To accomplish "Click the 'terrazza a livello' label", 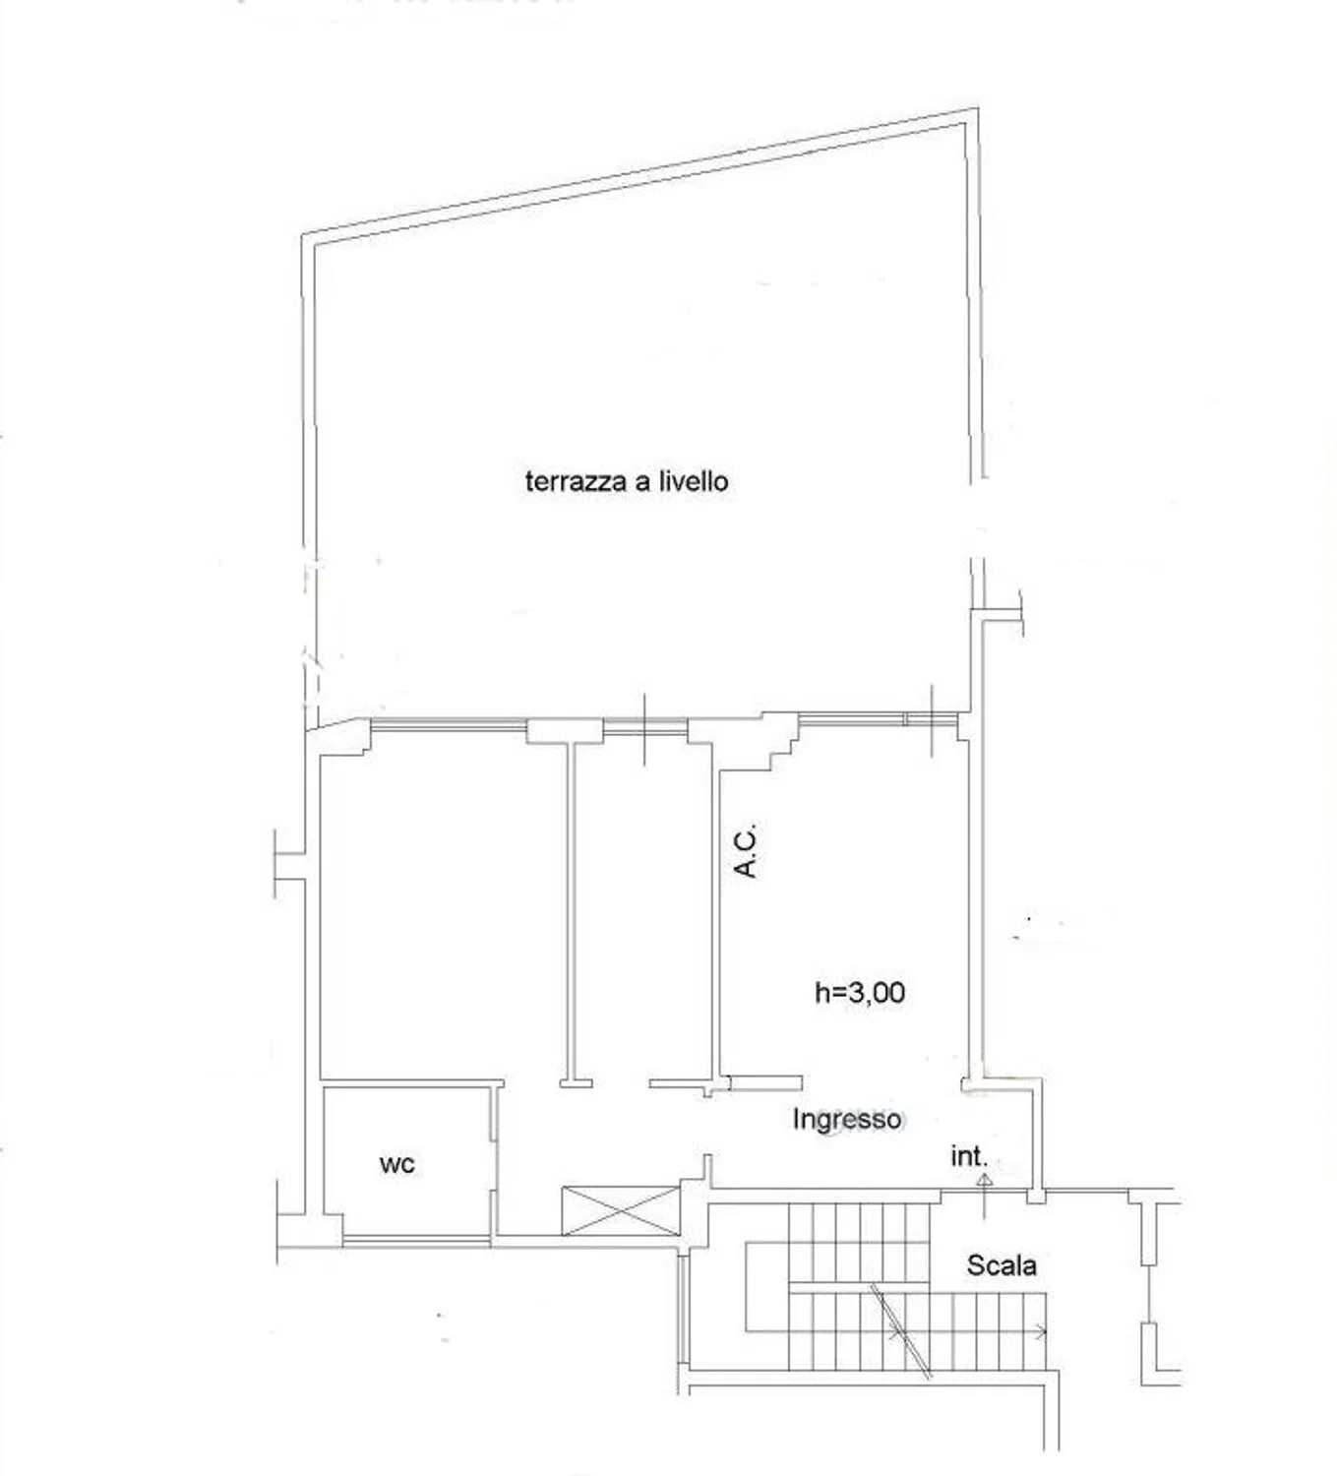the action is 627,482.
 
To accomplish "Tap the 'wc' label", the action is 397,1164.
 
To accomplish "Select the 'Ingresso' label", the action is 846,1119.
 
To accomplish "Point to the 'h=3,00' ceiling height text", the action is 860,993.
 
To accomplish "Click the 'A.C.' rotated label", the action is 746,851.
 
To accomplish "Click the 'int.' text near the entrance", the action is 968,1156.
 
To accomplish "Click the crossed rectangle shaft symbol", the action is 621,1210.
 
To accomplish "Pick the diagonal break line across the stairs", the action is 900,1330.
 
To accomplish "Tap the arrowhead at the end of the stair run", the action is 1042,1330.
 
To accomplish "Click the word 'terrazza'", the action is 574,482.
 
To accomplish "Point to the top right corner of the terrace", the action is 977,109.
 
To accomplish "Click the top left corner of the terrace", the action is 302,235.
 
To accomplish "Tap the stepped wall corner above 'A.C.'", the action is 780,742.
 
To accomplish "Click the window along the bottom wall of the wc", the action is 416,1243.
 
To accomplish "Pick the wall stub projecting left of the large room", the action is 290,865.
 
